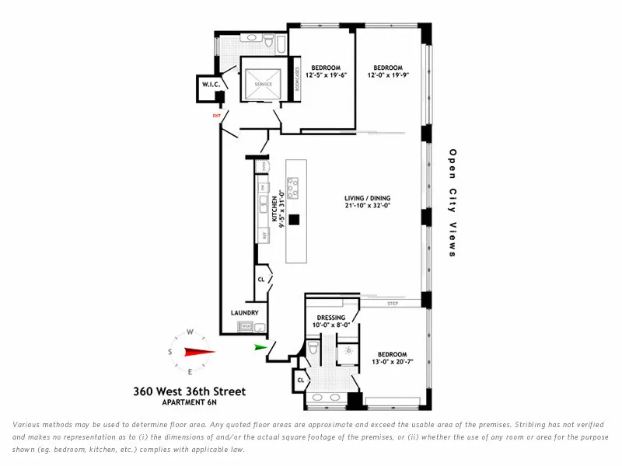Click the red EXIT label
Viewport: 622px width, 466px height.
click(x=217, y=116)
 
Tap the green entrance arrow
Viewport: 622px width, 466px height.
click(x=260, y=349)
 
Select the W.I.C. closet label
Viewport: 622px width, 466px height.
click(x=211, y=84)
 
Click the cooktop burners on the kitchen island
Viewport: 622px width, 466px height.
click(x=292, y=186)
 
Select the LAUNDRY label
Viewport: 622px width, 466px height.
click(x=244, y=313)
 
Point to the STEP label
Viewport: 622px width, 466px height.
click(x=393, y=304)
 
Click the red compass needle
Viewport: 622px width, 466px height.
click(x=198, y=351)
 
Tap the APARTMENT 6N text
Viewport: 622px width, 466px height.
click(x=189, y=403)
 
